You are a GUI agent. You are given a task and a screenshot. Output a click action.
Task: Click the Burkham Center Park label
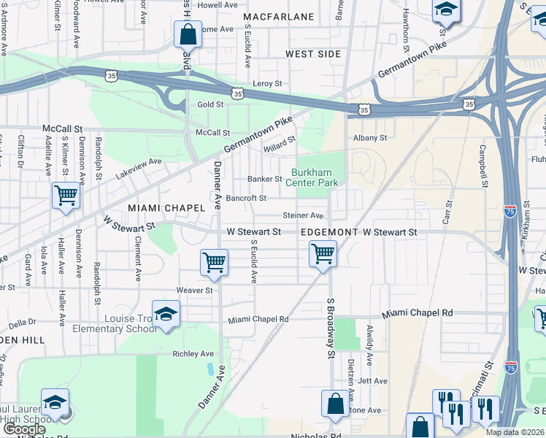315,177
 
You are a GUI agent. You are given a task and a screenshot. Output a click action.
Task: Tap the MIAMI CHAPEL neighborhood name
167,208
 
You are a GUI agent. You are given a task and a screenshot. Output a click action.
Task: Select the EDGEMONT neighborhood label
329,232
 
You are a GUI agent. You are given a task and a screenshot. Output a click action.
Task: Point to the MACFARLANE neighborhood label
278,17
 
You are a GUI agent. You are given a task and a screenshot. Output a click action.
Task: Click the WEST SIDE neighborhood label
313,54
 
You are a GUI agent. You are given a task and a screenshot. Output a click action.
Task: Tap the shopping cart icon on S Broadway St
323,255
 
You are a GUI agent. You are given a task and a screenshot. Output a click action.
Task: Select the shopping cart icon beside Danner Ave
214,263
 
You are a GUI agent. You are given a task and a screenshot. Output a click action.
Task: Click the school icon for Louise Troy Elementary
166,315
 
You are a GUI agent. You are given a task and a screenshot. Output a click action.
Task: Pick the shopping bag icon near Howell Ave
188,34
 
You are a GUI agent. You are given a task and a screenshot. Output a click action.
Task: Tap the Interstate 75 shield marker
510,210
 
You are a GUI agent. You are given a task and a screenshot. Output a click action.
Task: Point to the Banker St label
264,179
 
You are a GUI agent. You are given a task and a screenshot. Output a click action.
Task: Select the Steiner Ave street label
303,215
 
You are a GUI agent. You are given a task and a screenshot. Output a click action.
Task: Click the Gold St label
210,104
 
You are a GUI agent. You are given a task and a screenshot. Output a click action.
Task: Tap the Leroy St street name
267,84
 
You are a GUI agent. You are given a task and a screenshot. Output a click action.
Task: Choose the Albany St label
369,137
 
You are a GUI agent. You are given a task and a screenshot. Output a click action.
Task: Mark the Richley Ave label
193,354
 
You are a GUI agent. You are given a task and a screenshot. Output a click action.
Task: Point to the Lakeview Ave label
139,169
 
